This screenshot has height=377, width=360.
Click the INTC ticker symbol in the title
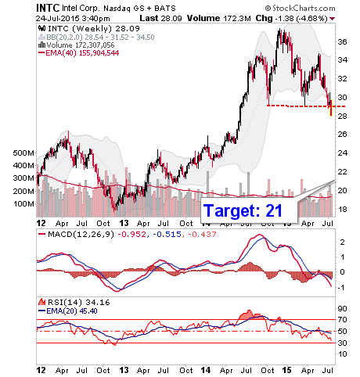48,8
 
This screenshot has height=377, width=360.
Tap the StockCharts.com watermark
300,9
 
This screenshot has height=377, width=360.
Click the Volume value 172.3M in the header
237,18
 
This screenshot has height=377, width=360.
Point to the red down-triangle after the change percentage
333,19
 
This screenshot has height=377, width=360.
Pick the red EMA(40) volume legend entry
79,53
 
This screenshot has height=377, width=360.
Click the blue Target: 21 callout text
243,210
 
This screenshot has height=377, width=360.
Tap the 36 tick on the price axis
342,41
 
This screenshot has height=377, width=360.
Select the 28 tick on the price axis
342,116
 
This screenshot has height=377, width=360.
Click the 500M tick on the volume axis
23,153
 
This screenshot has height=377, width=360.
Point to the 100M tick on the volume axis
23,203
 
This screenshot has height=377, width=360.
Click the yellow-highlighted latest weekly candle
331,108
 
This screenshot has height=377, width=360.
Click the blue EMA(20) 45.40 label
68,311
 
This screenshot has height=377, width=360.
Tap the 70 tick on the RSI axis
342,320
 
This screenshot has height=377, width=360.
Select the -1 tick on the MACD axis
342,288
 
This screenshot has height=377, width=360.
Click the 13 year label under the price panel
124,224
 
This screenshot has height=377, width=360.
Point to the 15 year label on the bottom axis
286,370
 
